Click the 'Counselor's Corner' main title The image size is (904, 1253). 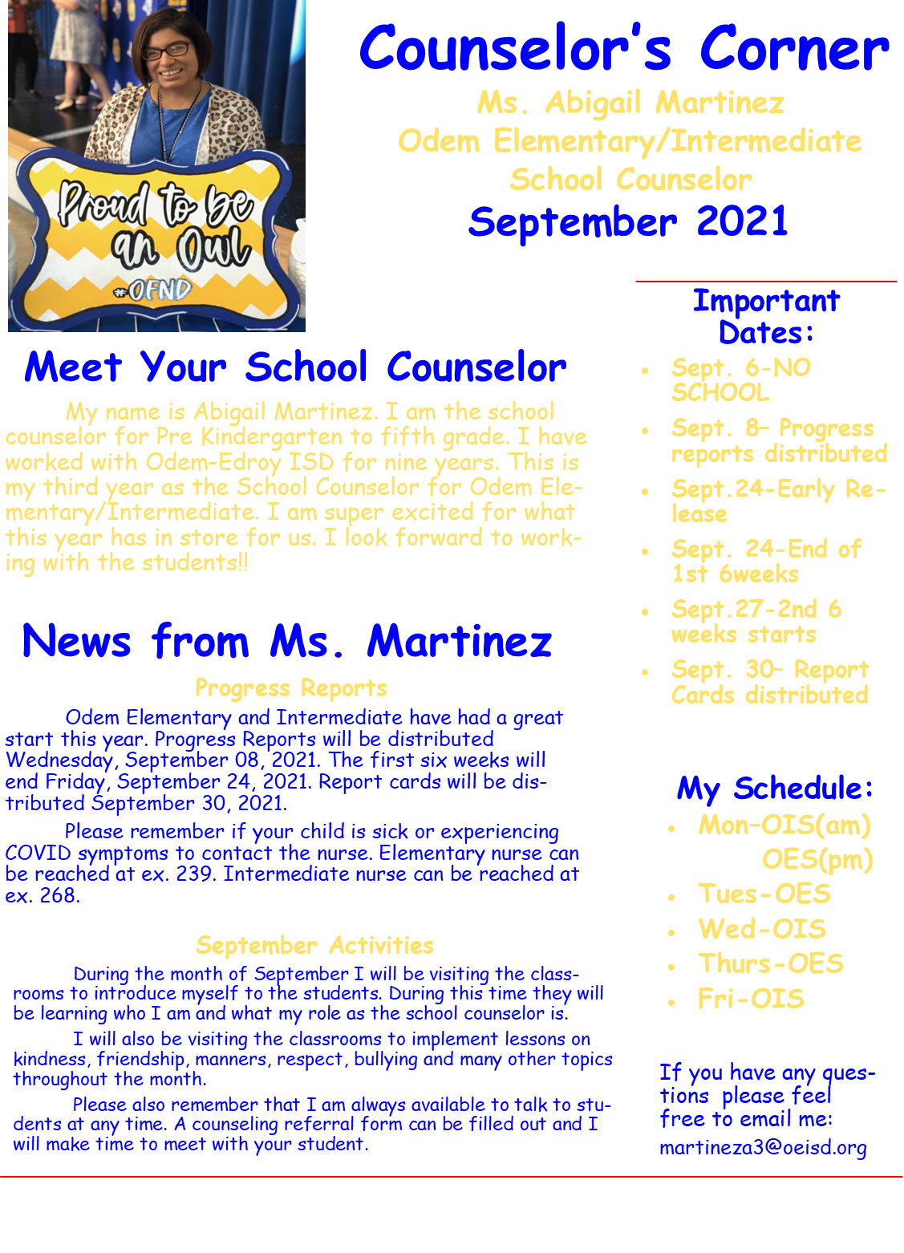click(x=624, y=50)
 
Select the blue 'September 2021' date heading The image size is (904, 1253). click(x=628, y=221)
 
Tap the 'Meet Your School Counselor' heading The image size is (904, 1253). click(x=294, y=367)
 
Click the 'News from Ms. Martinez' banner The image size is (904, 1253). click(x=286, y=643)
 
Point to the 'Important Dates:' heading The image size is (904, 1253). click(x=765, y=316)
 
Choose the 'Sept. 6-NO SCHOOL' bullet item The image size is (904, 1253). click(x=740, y=380)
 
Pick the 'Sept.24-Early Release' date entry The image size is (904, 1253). click(x=777, y=501)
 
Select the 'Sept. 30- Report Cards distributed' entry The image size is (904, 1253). click(x=769, y=682)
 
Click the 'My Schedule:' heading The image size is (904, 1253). click(x=774, y=789)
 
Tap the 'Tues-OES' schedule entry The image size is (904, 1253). click(x=764, y=894)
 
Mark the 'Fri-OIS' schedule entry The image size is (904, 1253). click(x=751, y=999)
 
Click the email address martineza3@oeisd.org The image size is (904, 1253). click(x=763, y=1148)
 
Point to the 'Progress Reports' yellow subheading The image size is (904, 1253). click(x=290, y=688)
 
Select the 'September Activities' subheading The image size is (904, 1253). click(x=314, y=945)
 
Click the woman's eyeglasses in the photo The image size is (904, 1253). click(x=168, y=50)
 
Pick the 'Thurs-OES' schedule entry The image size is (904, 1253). click(x=770, y=963)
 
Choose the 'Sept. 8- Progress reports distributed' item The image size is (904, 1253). click(x=779, y=441)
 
